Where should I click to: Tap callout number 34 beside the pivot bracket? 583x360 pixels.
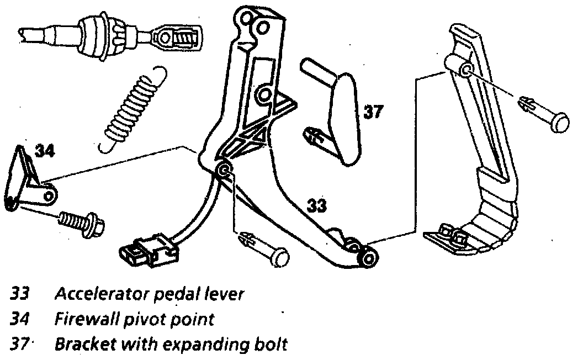pos(46,150)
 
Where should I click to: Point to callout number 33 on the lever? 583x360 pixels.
pos(316,207)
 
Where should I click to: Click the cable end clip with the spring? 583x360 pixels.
pos(173,38)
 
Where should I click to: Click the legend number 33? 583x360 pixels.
pos(20,294)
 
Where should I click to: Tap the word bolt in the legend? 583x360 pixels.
pos(273,345)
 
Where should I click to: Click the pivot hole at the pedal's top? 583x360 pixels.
pos(465,69)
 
